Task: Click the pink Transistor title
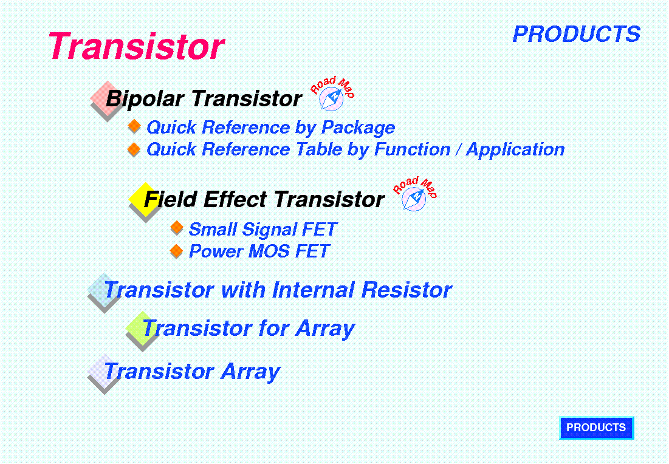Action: point(136,46)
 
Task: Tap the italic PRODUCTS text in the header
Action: point(577,34)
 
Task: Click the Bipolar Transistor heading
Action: point(204,99)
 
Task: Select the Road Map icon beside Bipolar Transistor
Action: point(332,94)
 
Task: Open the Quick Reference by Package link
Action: point(270,128)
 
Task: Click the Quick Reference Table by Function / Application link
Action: point(355,149)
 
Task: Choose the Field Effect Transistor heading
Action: point(264,200)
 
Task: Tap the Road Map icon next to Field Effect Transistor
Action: point(415,194)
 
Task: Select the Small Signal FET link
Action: point(263,230)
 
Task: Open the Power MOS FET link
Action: point(259,251)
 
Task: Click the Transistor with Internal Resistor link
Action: point(278,290)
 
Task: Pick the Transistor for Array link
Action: point(249,329)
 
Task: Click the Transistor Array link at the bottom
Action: point(192,372)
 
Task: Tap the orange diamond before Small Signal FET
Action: point(177,227)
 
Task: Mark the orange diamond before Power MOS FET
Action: point(176,250)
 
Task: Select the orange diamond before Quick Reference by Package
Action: point(134,126)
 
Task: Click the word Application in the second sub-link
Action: point(515,149)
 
